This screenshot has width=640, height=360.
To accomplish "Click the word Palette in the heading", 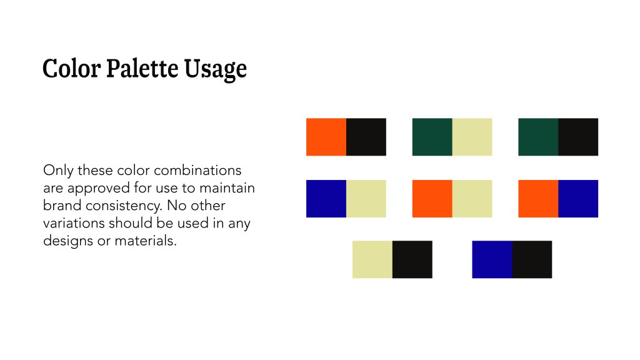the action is click(x=142, y=68).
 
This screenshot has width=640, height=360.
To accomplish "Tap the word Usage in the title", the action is click(x=215, y=69).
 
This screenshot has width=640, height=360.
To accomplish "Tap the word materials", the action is click(x=145, y=241).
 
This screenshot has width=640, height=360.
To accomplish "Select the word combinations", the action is click(x=197, y=170).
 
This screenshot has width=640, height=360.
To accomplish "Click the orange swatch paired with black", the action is click(x=326, y=137).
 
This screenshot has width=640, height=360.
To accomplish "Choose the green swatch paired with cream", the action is click(x=432, y=137).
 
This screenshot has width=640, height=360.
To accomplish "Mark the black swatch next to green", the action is click(x=578, y=137).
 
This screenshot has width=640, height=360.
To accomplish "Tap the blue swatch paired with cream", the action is click(x=326, y=199).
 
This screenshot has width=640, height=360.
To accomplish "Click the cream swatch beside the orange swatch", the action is click(x=472, y=199).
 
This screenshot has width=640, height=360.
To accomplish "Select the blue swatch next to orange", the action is click(x=578, y=199).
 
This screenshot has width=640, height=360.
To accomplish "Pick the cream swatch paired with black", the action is click(x=372, y=259).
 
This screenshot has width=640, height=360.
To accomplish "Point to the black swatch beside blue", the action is click(x=532, y=259).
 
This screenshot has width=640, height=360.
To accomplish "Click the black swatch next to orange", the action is click(x=366, y=137).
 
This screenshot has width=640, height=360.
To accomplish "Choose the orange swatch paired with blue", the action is click(x=538, y=199).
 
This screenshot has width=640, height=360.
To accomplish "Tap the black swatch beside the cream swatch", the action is click(x=412, y=259).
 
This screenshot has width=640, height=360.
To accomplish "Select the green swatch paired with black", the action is click(x=538, y=137).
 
